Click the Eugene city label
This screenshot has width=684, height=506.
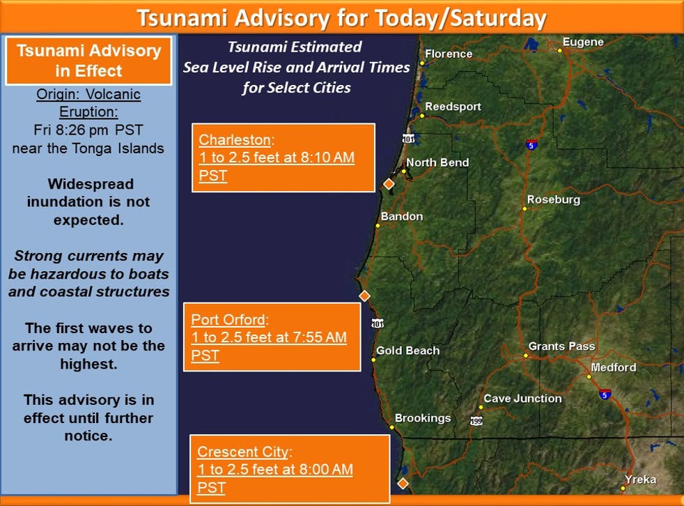583,42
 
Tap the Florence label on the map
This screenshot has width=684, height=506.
449,54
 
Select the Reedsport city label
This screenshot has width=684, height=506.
453,107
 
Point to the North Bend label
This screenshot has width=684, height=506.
437,162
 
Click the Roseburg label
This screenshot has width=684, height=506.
554,199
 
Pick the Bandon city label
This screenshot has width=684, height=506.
402,216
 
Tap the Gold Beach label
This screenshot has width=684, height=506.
408,350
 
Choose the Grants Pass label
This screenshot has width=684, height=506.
562,346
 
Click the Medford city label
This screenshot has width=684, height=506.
614,367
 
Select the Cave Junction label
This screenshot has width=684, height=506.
522,398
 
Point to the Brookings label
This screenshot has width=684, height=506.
423,417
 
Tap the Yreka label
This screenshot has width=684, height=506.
640,480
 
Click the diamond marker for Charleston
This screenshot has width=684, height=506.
389,184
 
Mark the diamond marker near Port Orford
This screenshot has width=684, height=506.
364,296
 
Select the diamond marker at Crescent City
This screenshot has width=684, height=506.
403,483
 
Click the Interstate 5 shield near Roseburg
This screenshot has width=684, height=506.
531,144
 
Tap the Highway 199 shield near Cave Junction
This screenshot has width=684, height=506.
476,421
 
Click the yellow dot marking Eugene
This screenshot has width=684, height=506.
559,51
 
